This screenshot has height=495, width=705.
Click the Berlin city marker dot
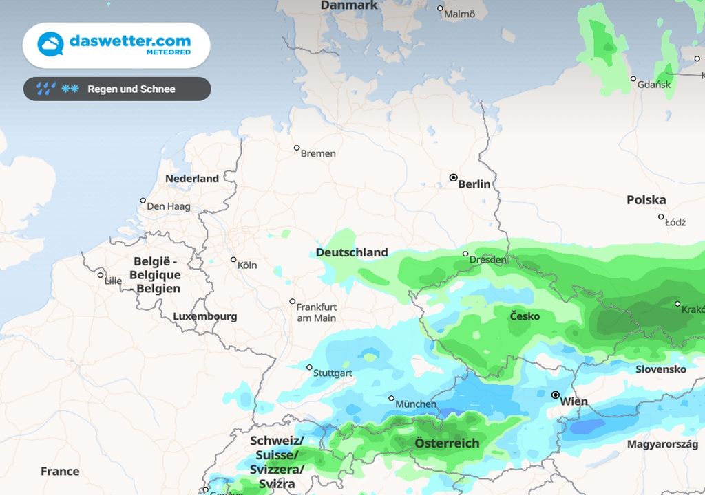coord(453,177)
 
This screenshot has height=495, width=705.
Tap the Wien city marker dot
coord(556,395)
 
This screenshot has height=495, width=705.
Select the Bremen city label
coord(318,153)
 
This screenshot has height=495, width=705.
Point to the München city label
coord(416,404)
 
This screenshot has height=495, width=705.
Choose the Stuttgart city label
coord(333,373)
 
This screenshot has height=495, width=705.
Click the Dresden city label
coord(488,260)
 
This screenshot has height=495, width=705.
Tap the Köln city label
coord(247,265)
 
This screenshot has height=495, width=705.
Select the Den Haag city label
coord(169,206)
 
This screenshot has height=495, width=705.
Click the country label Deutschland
coord(352,252)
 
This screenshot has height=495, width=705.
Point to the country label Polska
coord(646,200)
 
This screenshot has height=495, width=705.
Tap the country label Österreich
coord(447,443)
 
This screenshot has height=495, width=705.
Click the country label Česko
coord(525,316)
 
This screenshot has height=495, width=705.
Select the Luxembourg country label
coord(204,316)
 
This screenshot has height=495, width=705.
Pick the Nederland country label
coord(192,179)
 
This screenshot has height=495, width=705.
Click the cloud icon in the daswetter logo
coord(50,45)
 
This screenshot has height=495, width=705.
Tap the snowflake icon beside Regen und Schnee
coord(70,89)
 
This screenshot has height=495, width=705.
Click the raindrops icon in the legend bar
coord(46,89)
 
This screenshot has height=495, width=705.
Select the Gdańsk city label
coord(655,85)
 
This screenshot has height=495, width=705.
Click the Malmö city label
coord(459,14)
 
